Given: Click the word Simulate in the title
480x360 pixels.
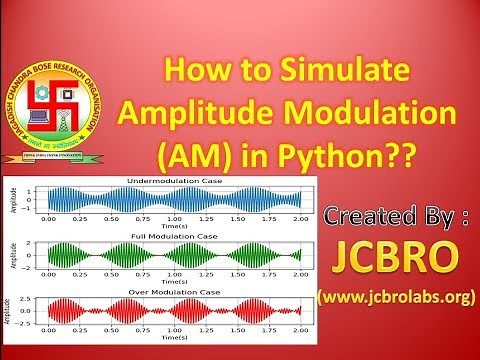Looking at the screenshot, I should tap(346, 73).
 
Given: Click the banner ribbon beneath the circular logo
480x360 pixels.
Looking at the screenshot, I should tap(62, 156).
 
